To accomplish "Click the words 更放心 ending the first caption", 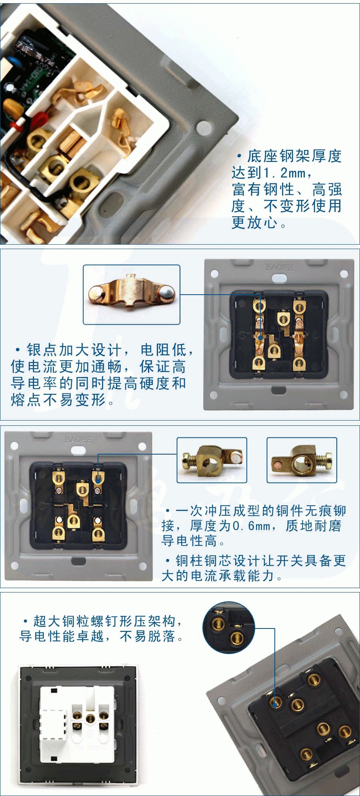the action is tap(254, 223).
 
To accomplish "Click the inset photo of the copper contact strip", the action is tap(132, 295).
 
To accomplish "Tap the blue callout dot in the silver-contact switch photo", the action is tap(260, 338).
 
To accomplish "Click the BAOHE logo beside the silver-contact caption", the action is tap(279, 267).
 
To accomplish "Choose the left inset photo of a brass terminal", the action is tap(212, 460).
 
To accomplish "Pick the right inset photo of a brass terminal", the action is tap(302, 460).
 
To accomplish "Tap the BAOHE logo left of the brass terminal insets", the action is tap(78, 440).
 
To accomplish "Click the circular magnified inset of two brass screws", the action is tap(229, 627).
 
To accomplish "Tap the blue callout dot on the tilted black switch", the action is tap(275, 704).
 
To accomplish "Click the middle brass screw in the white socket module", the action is tap(91, 718).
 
